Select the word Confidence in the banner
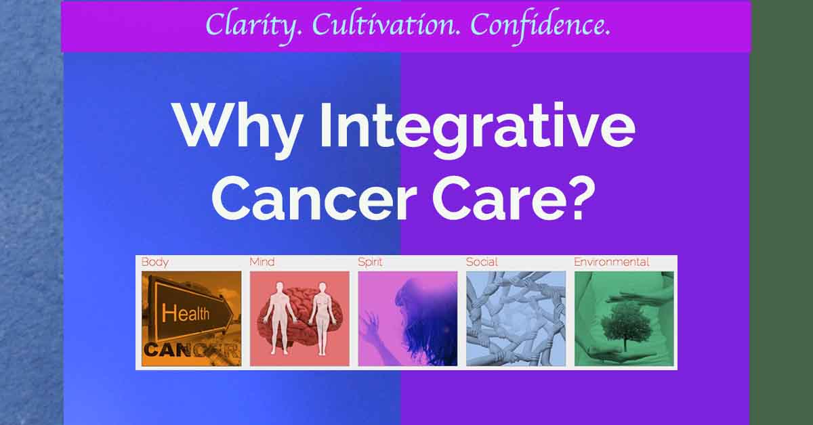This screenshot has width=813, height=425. click(541, 26)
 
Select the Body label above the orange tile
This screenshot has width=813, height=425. click(155, 263)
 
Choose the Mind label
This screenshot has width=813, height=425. click(262, 262)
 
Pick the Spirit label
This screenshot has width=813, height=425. click(370, 263)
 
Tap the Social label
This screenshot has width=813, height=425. click(482, 262)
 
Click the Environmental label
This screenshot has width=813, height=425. click(612, 262)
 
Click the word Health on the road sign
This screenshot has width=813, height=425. click(186, 313)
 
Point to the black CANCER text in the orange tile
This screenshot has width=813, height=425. click(192, 350)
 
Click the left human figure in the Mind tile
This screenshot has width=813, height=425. click(278, 318)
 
